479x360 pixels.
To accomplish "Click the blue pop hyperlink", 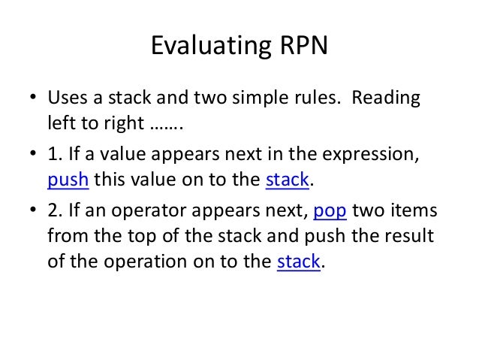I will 329,211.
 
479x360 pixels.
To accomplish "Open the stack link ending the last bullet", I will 299,262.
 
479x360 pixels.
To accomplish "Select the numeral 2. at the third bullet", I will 54,211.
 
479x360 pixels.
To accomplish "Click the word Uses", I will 67,99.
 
